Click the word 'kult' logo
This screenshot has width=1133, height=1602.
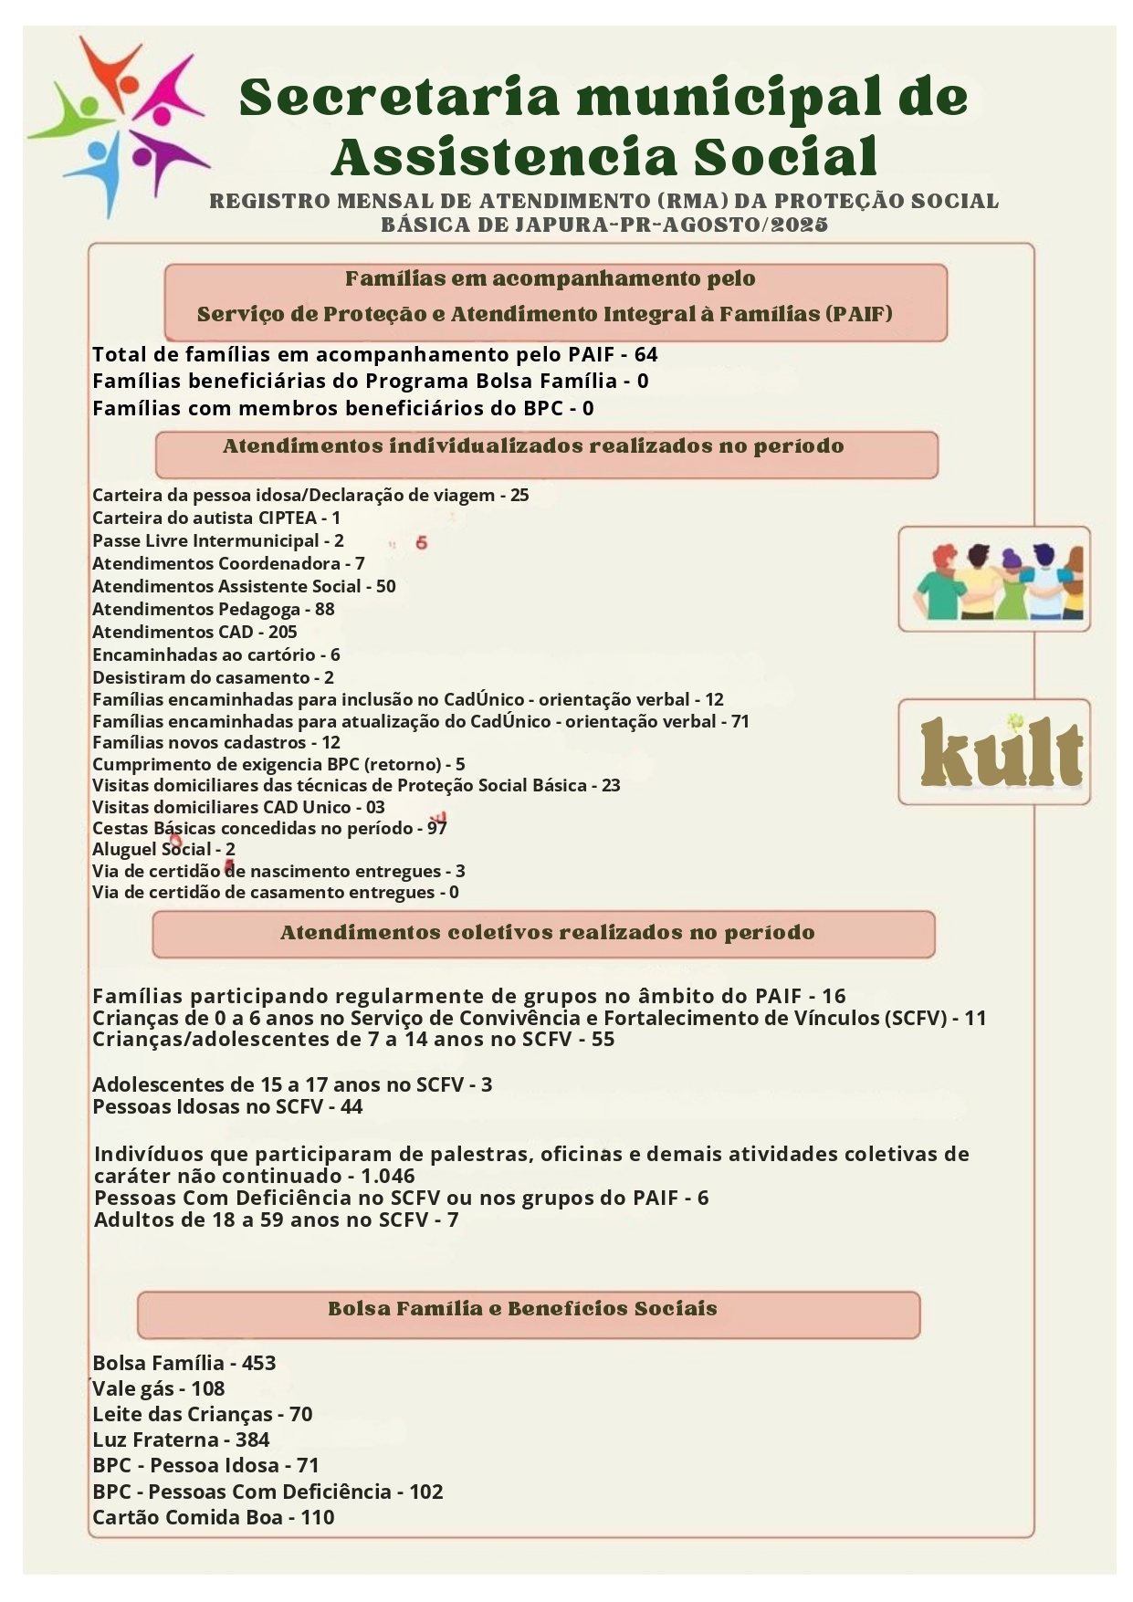click(1001, 753)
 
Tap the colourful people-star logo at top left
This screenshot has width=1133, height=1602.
click(120, 125)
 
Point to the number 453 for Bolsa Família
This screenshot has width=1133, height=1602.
click(258, 1363)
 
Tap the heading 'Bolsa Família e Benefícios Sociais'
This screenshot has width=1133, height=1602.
click(522, 1308)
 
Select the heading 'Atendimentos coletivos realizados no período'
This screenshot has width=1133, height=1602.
click(547, 933)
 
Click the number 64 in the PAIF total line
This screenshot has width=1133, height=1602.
click(645, 354)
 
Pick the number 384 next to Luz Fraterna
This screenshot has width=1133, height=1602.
click(253, 1440)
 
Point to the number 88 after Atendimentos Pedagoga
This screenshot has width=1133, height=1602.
click(324, 609)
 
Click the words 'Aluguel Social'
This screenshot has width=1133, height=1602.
click(152, 849)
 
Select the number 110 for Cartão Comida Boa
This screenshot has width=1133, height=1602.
click(318, 1517)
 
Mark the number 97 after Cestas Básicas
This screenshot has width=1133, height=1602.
click(436, 828)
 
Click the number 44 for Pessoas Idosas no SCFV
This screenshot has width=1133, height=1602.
click(351, 1106)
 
